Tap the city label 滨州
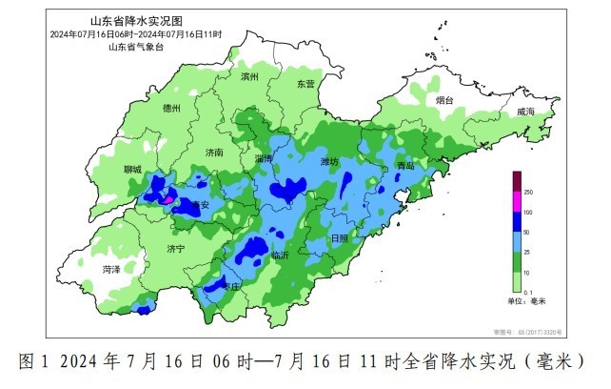coord(249,76)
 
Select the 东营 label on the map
coord(305,84)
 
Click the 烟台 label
coord(444,100)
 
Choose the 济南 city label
coord(213,153)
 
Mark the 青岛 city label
coord(406,167)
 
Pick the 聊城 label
coord(131,170)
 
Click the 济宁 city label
coord(175,249)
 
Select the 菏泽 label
coord(111,270)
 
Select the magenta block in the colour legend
coord(517,201)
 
